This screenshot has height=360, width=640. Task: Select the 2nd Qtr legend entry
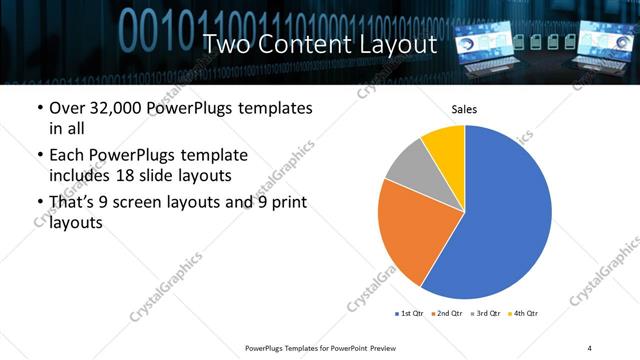pos(449,314)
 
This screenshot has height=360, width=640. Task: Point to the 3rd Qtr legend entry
pos(487,314)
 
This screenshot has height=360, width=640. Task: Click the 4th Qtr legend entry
pos(526,314)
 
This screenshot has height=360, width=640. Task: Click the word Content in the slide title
pos(310,44)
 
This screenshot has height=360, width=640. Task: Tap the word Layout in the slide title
pos(395,44)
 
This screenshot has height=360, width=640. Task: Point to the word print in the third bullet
pos(283,204)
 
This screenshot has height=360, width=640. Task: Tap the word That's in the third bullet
pos(75,204)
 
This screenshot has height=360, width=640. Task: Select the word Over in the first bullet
pos(67,108)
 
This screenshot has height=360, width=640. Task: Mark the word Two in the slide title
pos(226,44)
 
